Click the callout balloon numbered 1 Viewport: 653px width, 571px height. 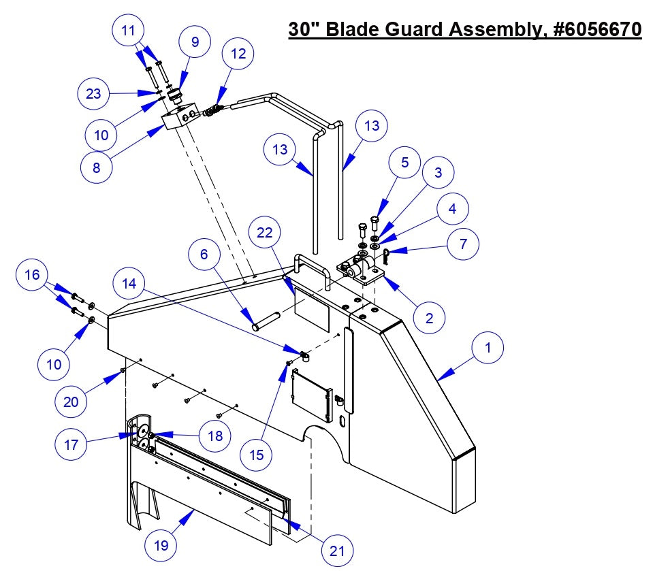coord(487,348)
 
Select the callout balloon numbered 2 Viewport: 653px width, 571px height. coord(430,318)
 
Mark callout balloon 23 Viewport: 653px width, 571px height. coord(94,93)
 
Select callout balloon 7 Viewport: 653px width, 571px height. coord(463,244)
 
